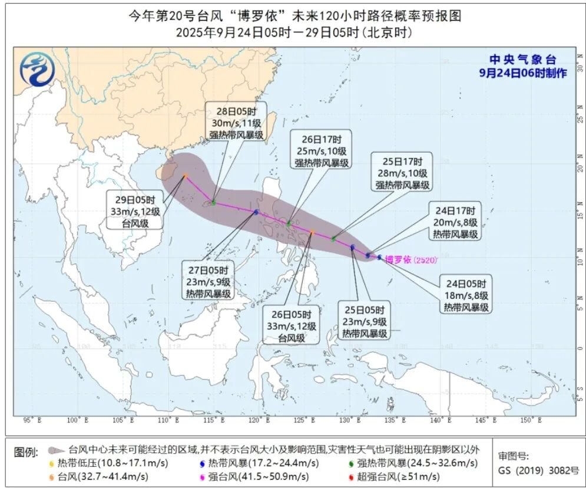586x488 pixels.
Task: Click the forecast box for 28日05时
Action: coord(235,122)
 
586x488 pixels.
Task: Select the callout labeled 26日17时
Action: coord(322,151)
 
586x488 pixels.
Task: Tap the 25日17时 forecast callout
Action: coord(401,172)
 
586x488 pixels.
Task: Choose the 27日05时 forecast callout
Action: coord(208,281)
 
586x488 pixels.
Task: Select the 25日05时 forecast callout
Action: coord(365,321)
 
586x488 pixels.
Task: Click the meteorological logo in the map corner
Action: coord(35,69)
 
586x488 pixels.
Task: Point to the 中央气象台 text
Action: coord(522,60)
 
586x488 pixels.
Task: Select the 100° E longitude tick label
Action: coord(74,420)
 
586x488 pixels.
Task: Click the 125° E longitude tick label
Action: coord(303,420)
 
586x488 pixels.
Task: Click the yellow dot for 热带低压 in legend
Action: coord(51,463)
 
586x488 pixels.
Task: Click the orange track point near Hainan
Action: coord(186,176)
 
